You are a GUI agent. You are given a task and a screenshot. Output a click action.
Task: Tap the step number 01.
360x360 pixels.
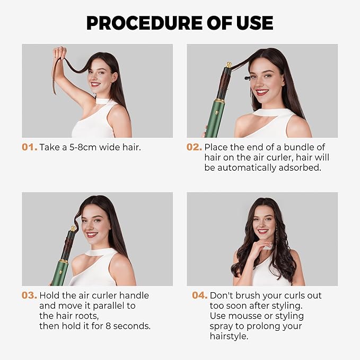(x=29, y=147)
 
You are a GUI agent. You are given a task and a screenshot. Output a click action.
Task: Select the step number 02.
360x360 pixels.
(x=194, y=147)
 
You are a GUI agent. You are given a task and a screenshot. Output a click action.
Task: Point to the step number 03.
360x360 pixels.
(x=29, y=295)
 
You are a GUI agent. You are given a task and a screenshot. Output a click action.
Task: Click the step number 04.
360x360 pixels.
(x=199, y=295)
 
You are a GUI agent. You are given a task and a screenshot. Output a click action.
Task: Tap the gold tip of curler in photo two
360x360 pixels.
(x=229, y=65)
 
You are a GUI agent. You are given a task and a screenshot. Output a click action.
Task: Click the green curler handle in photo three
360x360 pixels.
(x=60, y=273)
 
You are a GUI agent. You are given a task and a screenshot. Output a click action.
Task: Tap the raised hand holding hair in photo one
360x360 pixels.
(x=59, y=54)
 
